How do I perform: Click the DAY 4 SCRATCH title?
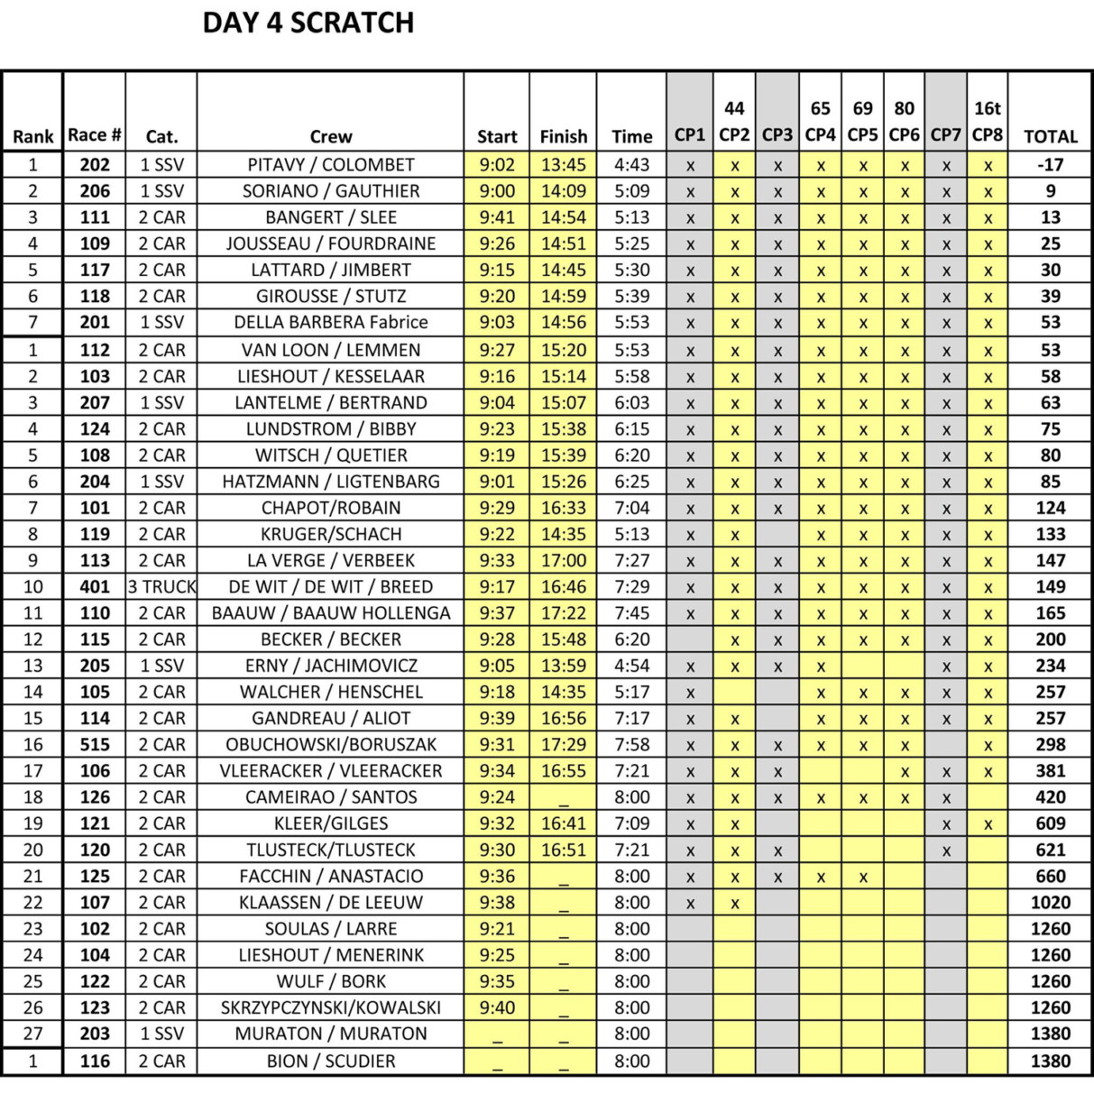(308, 23)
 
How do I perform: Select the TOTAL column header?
(1050, 137)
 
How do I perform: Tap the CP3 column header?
(777, 135)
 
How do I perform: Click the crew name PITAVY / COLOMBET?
(331, 165)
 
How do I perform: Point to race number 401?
(95, 587)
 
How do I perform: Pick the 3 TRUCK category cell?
(161, 587)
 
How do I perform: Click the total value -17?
(1050, 165)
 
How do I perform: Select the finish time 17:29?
(563, 745)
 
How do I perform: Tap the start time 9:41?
(497, 217)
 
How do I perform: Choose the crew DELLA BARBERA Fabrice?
(331, 322)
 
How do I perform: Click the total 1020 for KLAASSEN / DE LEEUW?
(1050, 903)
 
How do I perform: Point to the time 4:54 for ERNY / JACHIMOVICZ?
(631, 666)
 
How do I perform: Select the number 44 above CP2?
(734, 109)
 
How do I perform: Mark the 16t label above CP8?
(987, 109)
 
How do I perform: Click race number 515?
(95, 745)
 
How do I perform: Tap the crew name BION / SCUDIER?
(331, 1062)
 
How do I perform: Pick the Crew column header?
(331, 137)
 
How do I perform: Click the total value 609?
(1050, 823)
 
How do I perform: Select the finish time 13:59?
(563, 666)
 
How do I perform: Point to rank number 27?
(33, 1034)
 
